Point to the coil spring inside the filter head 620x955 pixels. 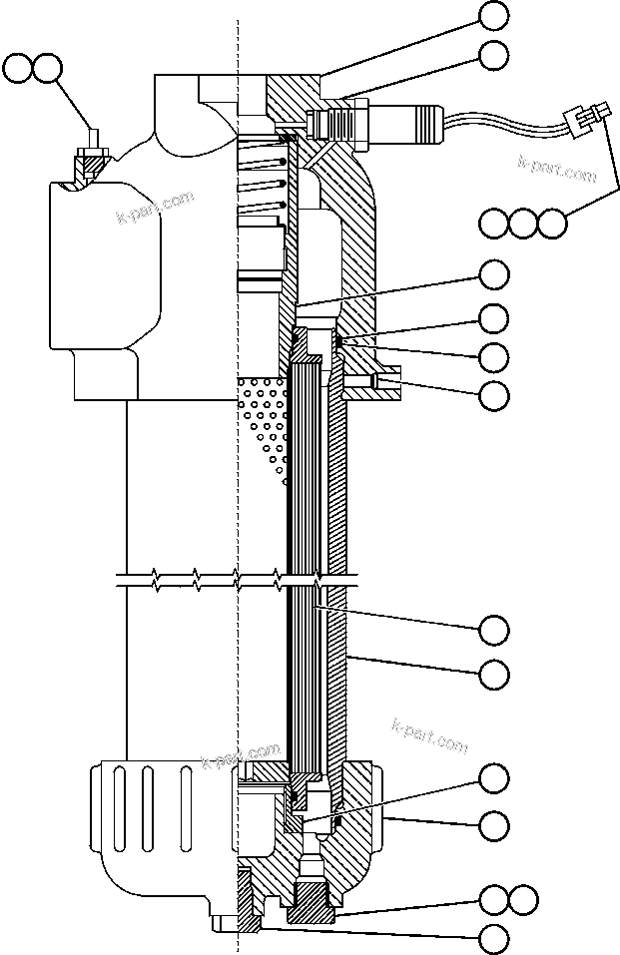coord(266,180)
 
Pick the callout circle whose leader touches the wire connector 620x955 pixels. coord(552,222)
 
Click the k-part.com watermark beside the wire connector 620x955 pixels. coord(556,168)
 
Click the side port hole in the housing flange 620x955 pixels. coord(384,381)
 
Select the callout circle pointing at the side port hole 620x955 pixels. coord(494,396)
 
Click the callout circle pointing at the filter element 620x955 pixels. coord(494,630)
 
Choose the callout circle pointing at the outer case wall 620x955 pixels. coord(494,675)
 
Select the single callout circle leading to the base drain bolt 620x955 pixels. coord(494,938)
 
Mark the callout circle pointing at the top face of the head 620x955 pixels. coord(494,15)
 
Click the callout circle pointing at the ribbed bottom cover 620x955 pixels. coord(494,825)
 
